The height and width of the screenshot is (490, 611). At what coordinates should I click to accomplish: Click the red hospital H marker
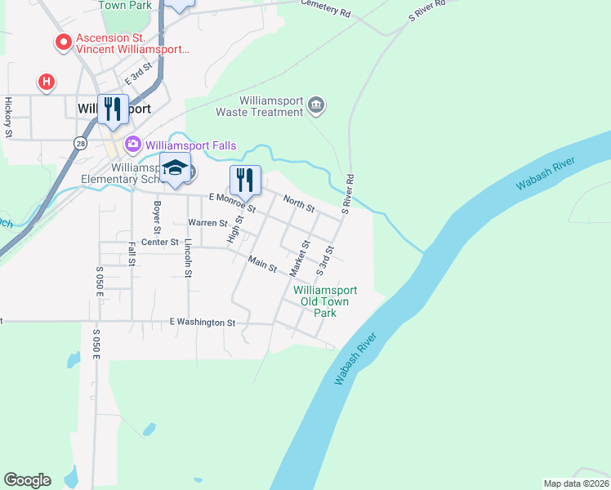[x=47, y=82]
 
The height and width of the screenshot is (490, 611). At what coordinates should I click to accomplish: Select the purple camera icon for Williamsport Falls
[x=132, y=145]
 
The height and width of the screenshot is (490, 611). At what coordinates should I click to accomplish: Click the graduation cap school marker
[x=175, y=168]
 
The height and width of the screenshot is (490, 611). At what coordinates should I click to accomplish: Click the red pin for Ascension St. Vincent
[x=62, y=42]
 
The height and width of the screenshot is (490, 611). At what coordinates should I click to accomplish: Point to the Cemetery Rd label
[x=325, y=8]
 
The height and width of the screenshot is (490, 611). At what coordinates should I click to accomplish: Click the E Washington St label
[x=203, y=323]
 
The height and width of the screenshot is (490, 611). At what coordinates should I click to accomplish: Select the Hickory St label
[x=9, y=118]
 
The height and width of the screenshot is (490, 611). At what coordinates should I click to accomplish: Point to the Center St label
[x=160, y=243]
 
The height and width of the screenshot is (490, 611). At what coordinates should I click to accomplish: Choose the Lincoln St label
[x=188, y=258]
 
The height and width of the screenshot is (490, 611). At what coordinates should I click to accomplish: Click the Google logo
[x=27, y=480]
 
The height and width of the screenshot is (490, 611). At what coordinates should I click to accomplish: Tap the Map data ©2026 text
[x=576, y=483]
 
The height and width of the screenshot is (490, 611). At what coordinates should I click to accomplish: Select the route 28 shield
[x=79, y=143]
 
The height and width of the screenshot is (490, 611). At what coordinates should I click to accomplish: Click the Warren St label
[x=207, y=223]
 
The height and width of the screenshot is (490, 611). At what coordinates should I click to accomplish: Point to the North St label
[x=299, y=203]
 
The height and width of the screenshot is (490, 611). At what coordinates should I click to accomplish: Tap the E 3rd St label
[x=139, y=74]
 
